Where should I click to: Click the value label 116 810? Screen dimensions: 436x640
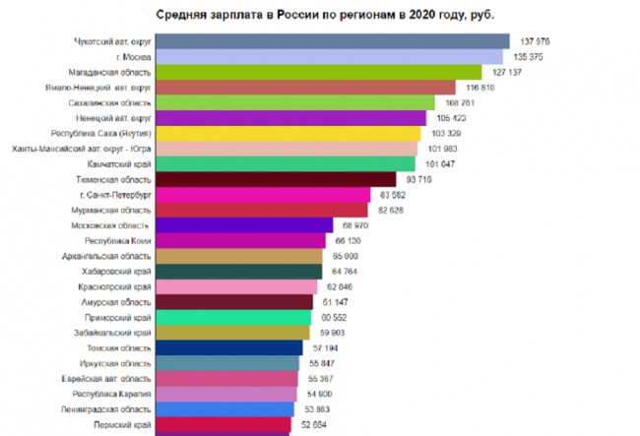[480, 88]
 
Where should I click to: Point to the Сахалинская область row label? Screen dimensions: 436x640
[116, 102]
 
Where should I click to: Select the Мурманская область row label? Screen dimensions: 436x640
[113, 211]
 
